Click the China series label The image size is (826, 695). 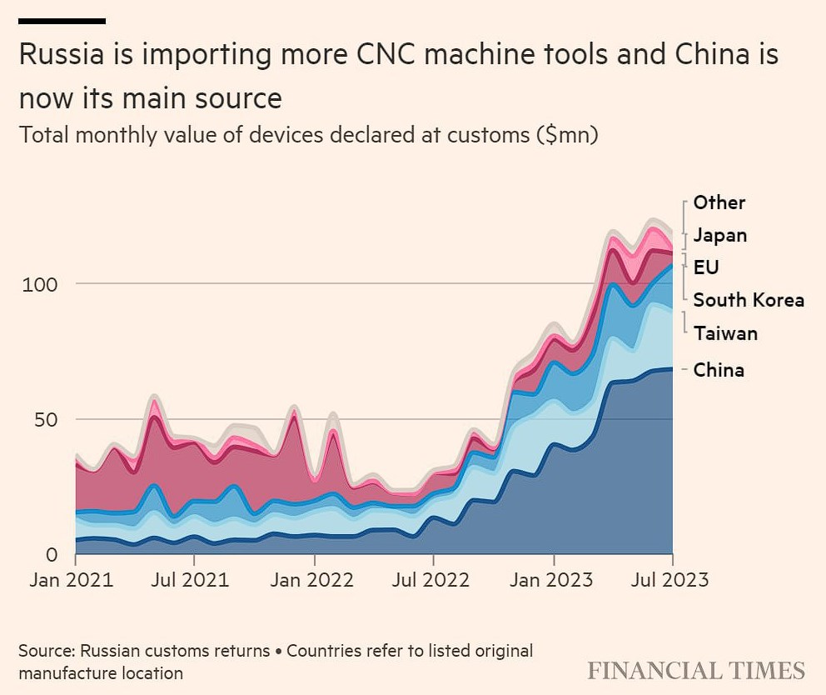719,370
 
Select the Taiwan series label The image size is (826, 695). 725,334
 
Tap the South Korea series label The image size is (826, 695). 749,300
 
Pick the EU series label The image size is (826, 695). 706,267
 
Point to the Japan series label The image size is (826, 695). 719,235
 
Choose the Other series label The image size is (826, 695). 719,202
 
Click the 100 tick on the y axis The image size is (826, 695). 40,284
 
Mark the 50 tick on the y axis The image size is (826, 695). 47,419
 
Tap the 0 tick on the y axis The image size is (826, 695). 52,554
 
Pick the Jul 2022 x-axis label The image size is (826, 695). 433,579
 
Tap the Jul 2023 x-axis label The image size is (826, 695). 671,579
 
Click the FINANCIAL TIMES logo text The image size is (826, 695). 696,671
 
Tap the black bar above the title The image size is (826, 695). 62,21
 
